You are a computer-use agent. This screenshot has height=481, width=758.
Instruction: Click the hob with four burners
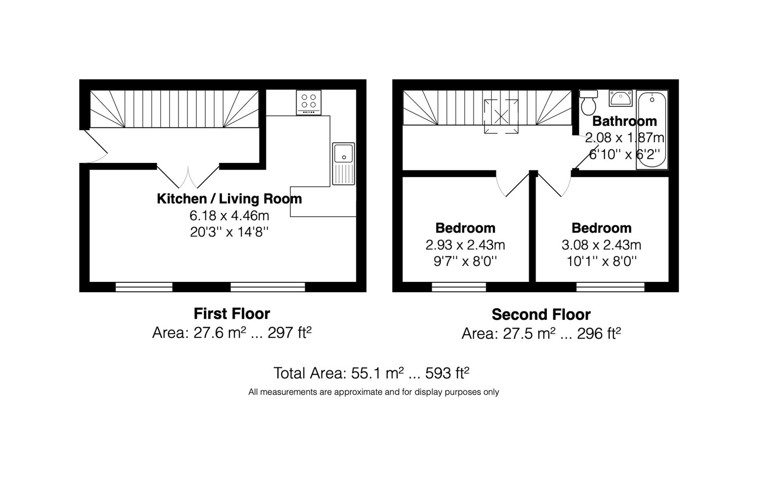click(x=309, y=102)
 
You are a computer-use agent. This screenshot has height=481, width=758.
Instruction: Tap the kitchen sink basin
click(x=343, y=164)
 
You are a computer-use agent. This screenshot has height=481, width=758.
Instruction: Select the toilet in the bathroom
click(x=588, y=102)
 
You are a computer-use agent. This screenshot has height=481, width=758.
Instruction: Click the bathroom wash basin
click(x=621, y=98)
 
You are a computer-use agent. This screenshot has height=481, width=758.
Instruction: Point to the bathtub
click(x=652, y=130)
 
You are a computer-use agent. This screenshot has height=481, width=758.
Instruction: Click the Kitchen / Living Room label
click(x=229, y=199)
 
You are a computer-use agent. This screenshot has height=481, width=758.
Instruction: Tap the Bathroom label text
click(x=625, y=121)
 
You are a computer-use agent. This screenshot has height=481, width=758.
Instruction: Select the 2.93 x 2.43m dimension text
click(x=465, y=245)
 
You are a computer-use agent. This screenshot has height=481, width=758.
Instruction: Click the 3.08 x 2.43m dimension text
click(x=601, y=245)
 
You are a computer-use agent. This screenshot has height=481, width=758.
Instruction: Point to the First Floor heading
click(x=232, y=314)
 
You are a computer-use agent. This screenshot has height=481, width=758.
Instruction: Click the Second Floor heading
click(x=541, y=314)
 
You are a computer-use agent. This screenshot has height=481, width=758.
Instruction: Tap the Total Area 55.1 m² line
click(x=371, y=373)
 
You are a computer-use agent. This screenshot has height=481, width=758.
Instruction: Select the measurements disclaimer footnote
click(x=374, y=392)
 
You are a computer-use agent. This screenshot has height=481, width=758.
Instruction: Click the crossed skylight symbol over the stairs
click(x=501, y=116)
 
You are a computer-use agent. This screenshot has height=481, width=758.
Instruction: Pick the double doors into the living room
click(x=188, y=177)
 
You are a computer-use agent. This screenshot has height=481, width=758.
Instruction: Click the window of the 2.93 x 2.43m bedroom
click(x=459, y=287)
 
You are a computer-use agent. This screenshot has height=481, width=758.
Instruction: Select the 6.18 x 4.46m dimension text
click(x=229, y=215)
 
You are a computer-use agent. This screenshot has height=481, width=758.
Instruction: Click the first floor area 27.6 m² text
click(x=232, y=333)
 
